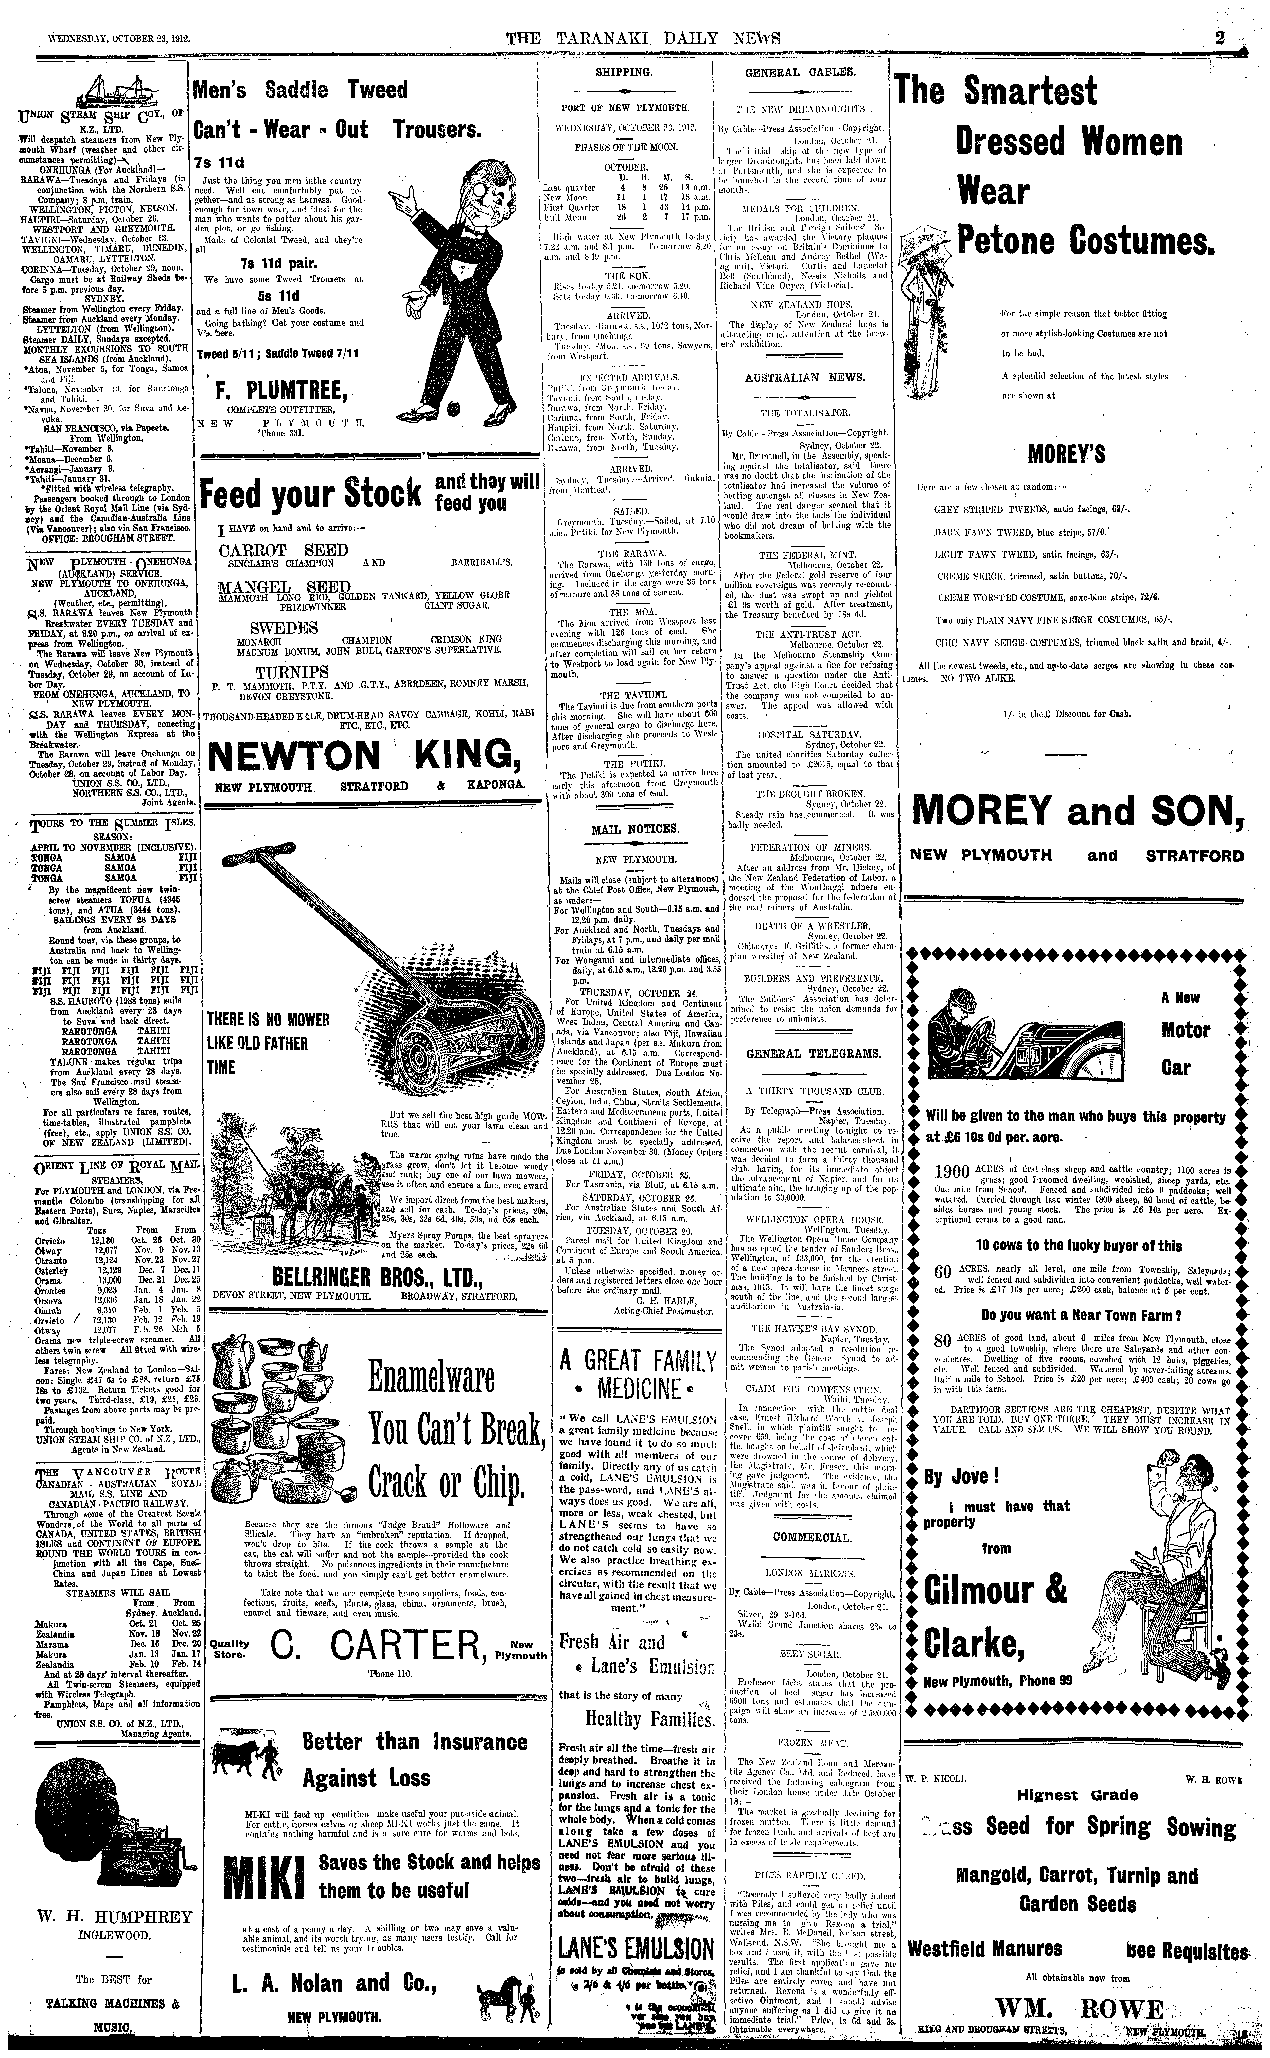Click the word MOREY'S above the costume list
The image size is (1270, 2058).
point(1066,456)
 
